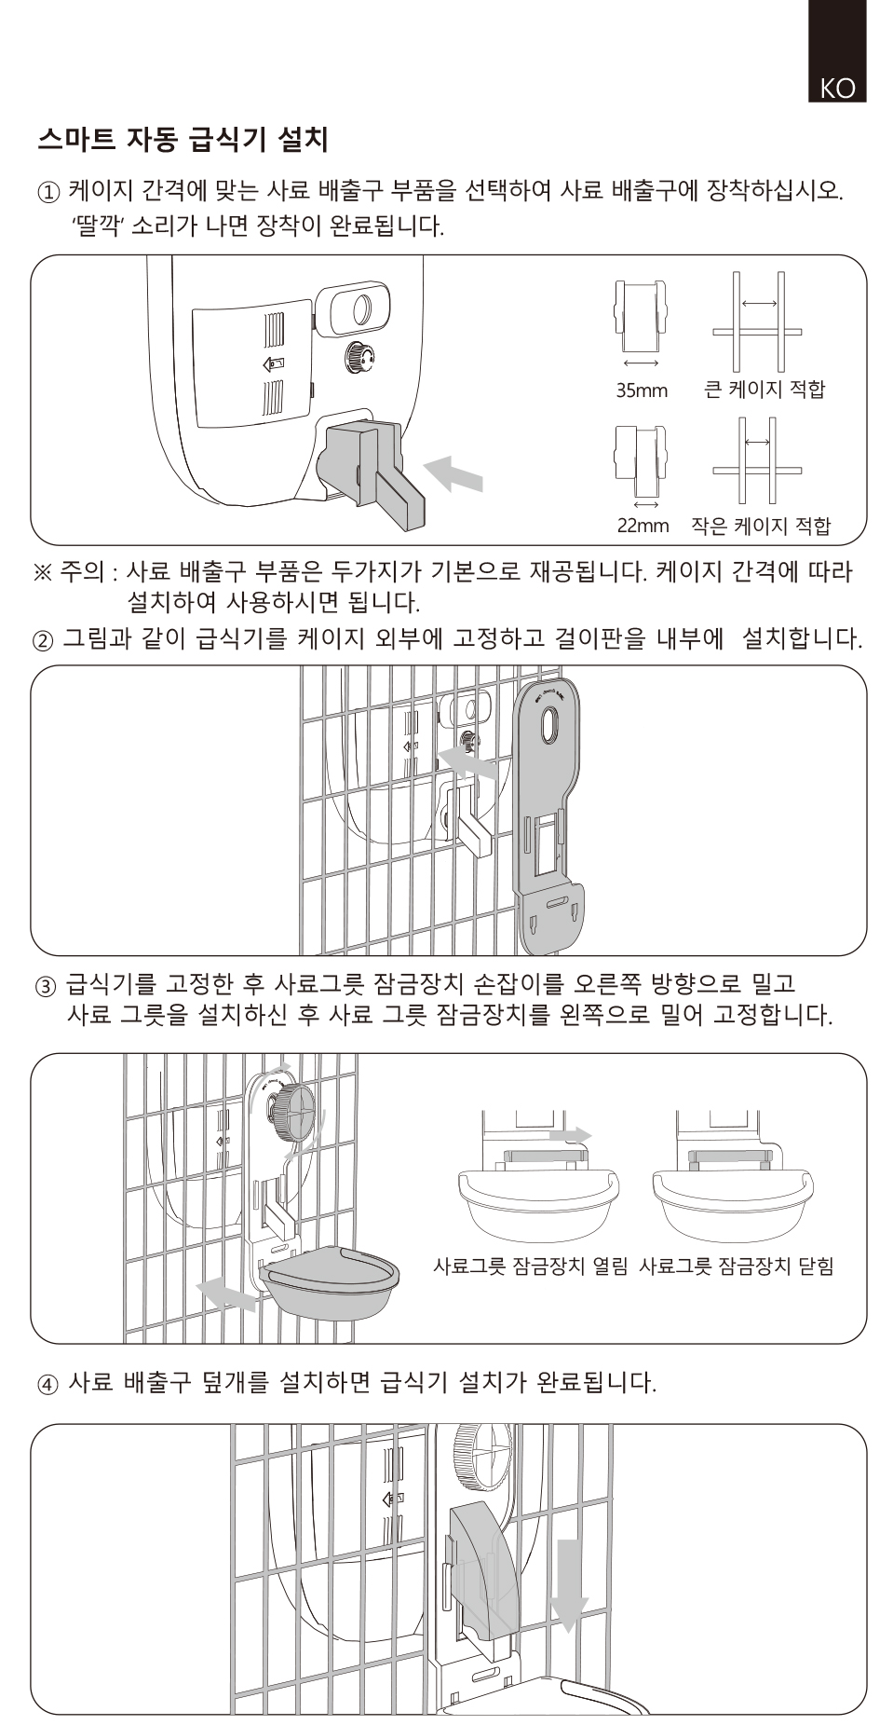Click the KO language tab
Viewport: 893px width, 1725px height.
[x=837, y=88]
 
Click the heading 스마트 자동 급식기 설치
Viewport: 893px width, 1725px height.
[x=183, y=140]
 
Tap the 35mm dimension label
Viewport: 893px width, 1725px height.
[x=642, y=390]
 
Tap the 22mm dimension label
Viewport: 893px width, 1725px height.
[x=643, y=526]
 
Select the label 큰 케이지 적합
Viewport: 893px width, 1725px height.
[x=764, y=389]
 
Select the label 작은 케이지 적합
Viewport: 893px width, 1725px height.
[x=761, y=526]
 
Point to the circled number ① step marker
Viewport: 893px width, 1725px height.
[x=48, y=193]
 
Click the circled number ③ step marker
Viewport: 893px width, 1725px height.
[x=47, y=985]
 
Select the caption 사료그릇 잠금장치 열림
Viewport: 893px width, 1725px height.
[x=531, y=1266]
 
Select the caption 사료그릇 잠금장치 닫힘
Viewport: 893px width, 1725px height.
[x=737, y=1266]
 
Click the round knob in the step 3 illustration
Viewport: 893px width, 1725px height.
[x=294, y=1112]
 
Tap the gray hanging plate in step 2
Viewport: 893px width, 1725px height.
[x=549, y=820]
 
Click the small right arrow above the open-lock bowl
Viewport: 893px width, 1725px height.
[x=570, y=1135]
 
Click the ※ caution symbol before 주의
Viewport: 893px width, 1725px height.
[x=43, y=571]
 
